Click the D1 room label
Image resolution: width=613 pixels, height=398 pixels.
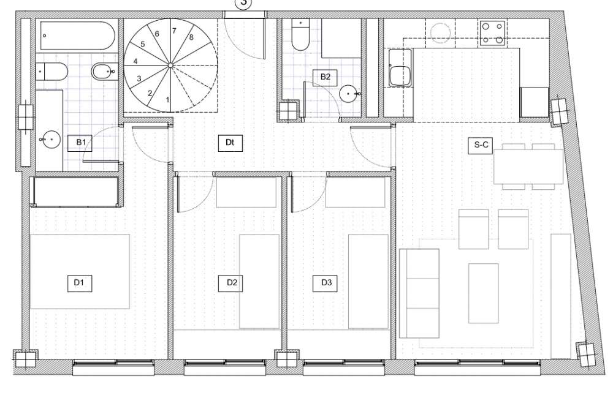pyautogui.click(x=79, y=282)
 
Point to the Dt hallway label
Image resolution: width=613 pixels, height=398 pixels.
pyautogui.click(x=230, y=143)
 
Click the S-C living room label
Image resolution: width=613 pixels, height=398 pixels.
pyautogui.click(x=481, y=145)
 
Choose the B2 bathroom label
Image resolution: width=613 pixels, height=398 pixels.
pyautogui.click(x=325, y=77)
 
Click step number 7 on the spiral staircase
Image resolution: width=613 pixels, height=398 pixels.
pyautogui.click(x=174, y=31)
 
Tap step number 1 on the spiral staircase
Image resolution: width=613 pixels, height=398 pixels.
pyautogui.click(x=167, y=100)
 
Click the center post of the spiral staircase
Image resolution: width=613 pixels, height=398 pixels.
pyautogui.click(x=170, y=65)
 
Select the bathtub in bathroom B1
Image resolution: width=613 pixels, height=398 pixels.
pyautogui.click(x=77, y=36)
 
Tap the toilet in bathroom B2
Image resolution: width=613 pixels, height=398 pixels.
pyautogui.click(x=300, y=34)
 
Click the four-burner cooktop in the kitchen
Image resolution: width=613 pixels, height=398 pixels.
pyautogui.click(x=493, y=33)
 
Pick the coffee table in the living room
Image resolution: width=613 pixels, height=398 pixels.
pyautogui.click(x=484, y=293)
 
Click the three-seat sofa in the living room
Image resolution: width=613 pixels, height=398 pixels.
pyautogui.click(x=419, y=293)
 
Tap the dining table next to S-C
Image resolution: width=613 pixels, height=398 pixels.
pyautogui.click(x=528, y=167)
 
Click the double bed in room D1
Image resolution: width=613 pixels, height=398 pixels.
pyautogui.click(x=80, y=271)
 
